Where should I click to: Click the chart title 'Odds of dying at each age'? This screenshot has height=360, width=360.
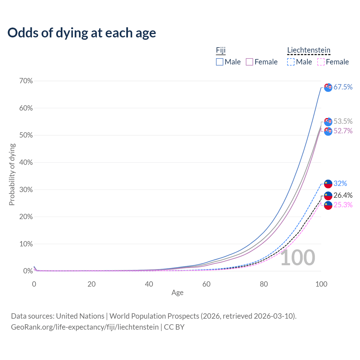pyautogui.click(x=82, y=33)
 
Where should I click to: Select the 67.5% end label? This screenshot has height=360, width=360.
pyautogui.click(x=343, y=87)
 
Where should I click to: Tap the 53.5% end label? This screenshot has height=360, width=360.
pyautogui.click(x=343, y=121)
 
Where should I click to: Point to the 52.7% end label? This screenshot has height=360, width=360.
pyautogui.click(x=343, y=131)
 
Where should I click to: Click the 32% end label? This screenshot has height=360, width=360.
pyautogui.click(x=340, y=183)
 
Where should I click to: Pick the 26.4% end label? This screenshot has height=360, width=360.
pyautogui.click(x=343, y=195)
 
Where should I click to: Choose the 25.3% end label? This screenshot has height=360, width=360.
pyautogui.click(x=343, y=205)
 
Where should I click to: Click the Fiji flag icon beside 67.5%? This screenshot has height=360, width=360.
pyautogui.click(x=328, y=87)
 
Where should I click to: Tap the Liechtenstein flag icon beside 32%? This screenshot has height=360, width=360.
pyautogui.click(x=328, y=184)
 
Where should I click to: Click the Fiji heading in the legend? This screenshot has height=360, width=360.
pyautogui.click(x=220, y=50)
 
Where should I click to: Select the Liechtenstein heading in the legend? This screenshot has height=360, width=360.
pyautogui.click(x=309, y=50)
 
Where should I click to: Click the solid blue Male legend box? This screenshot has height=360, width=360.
pyautogui.click(x=219, y=62)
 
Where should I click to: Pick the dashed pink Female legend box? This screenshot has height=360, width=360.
pyautogui.click(x=321, y=62)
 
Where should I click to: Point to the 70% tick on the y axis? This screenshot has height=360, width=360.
pyautogui.click(x=26, y=81)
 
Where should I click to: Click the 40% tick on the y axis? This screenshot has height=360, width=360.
pyautogui.click(x=26, y=162)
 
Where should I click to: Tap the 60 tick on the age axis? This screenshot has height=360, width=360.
pyautogui.click(x=206, y=284)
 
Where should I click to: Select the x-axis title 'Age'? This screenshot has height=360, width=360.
pyautogui.click(x=177, y=292)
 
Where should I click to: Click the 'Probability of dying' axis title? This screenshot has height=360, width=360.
pyautogui.click(x=12, y=174)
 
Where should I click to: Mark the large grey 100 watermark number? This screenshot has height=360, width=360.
pyautogui.click(x=298, y=258)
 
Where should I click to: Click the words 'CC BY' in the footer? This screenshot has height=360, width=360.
pyautogui.click(x=174, y=327)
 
